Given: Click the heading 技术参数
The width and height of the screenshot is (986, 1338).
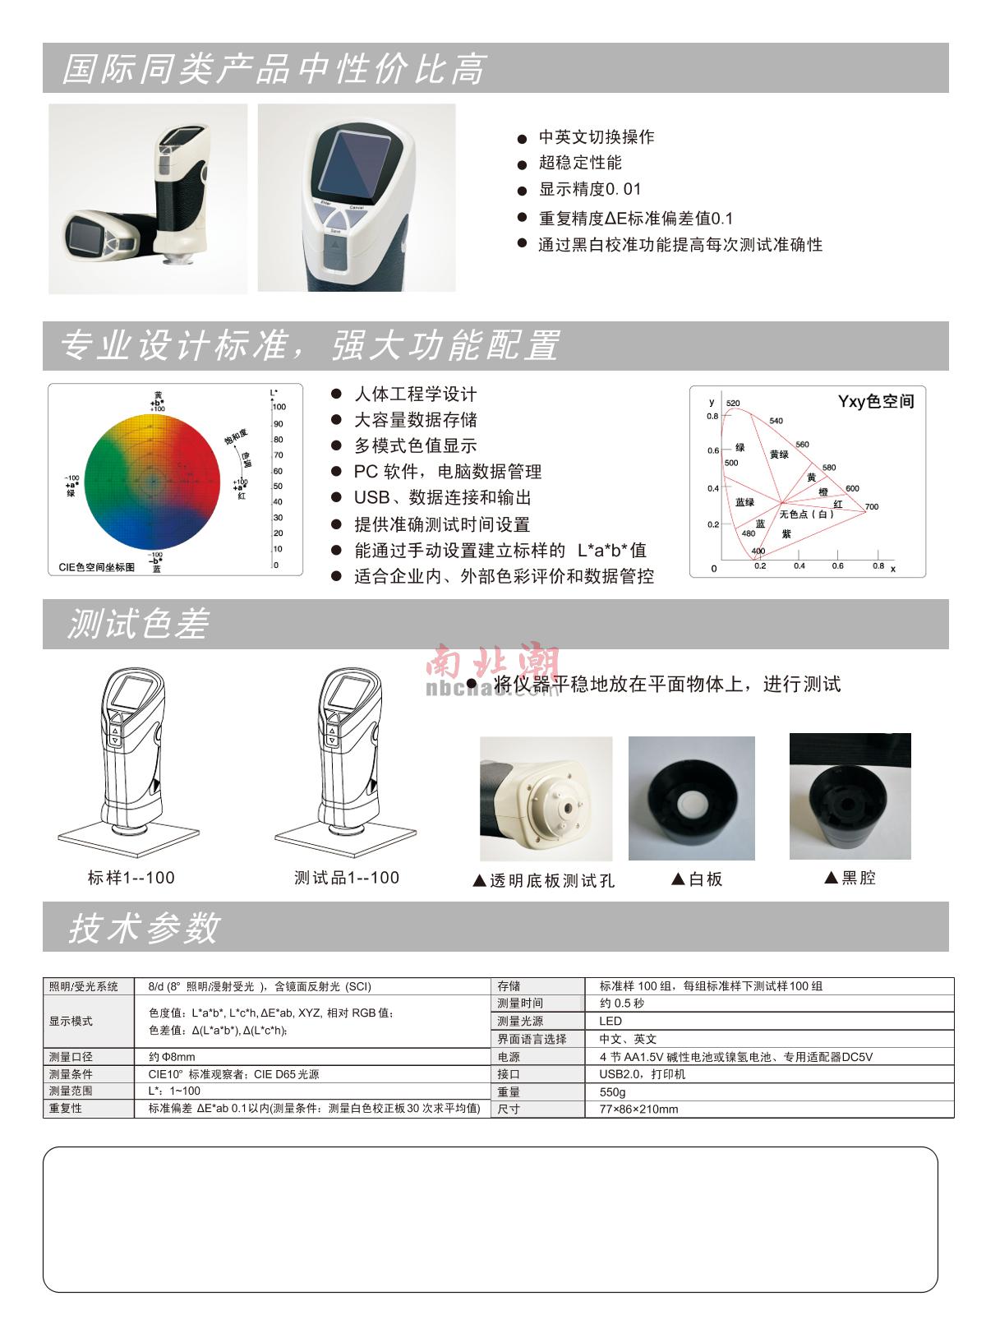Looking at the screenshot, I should (144, 928).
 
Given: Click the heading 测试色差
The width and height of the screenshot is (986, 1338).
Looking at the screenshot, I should (138, 625).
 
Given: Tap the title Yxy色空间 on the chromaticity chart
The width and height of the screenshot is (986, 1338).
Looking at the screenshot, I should (875, 402).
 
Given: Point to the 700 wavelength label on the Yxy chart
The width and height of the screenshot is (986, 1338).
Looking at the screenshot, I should (871, 506).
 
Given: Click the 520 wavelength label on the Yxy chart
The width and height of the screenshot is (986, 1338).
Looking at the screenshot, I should (733, 404).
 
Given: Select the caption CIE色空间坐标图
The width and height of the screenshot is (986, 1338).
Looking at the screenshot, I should (97, 567).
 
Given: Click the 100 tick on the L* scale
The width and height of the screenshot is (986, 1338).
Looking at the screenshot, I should (279, 407).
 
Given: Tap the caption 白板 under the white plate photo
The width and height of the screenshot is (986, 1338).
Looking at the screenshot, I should (698, 879).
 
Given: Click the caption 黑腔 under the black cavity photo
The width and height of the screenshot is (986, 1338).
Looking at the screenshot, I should (850, 878).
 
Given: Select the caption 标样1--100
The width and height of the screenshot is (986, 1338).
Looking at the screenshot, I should (131, 878).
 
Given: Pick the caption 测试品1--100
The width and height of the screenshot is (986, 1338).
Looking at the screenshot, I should (347, 878).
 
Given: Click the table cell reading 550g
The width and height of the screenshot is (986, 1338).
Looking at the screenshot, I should (612, 1092).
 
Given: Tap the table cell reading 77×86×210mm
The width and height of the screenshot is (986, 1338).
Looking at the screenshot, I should (638, 1110).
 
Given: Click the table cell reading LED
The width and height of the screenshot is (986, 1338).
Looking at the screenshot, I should (610, 1021).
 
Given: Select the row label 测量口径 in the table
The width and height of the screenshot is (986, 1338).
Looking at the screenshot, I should (71, 1057).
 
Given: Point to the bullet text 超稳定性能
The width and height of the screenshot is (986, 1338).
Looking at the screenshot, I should (580, 163).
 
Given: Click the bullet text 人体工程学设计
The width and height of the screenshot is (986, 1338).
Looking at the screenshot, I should (415, 394).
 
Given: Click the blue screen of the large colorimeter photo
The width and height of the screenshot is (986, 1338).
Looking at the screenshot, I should (356, 162).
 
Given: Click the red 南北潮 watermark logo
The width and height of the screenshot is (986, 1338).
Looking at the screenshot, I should (493, 662).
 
